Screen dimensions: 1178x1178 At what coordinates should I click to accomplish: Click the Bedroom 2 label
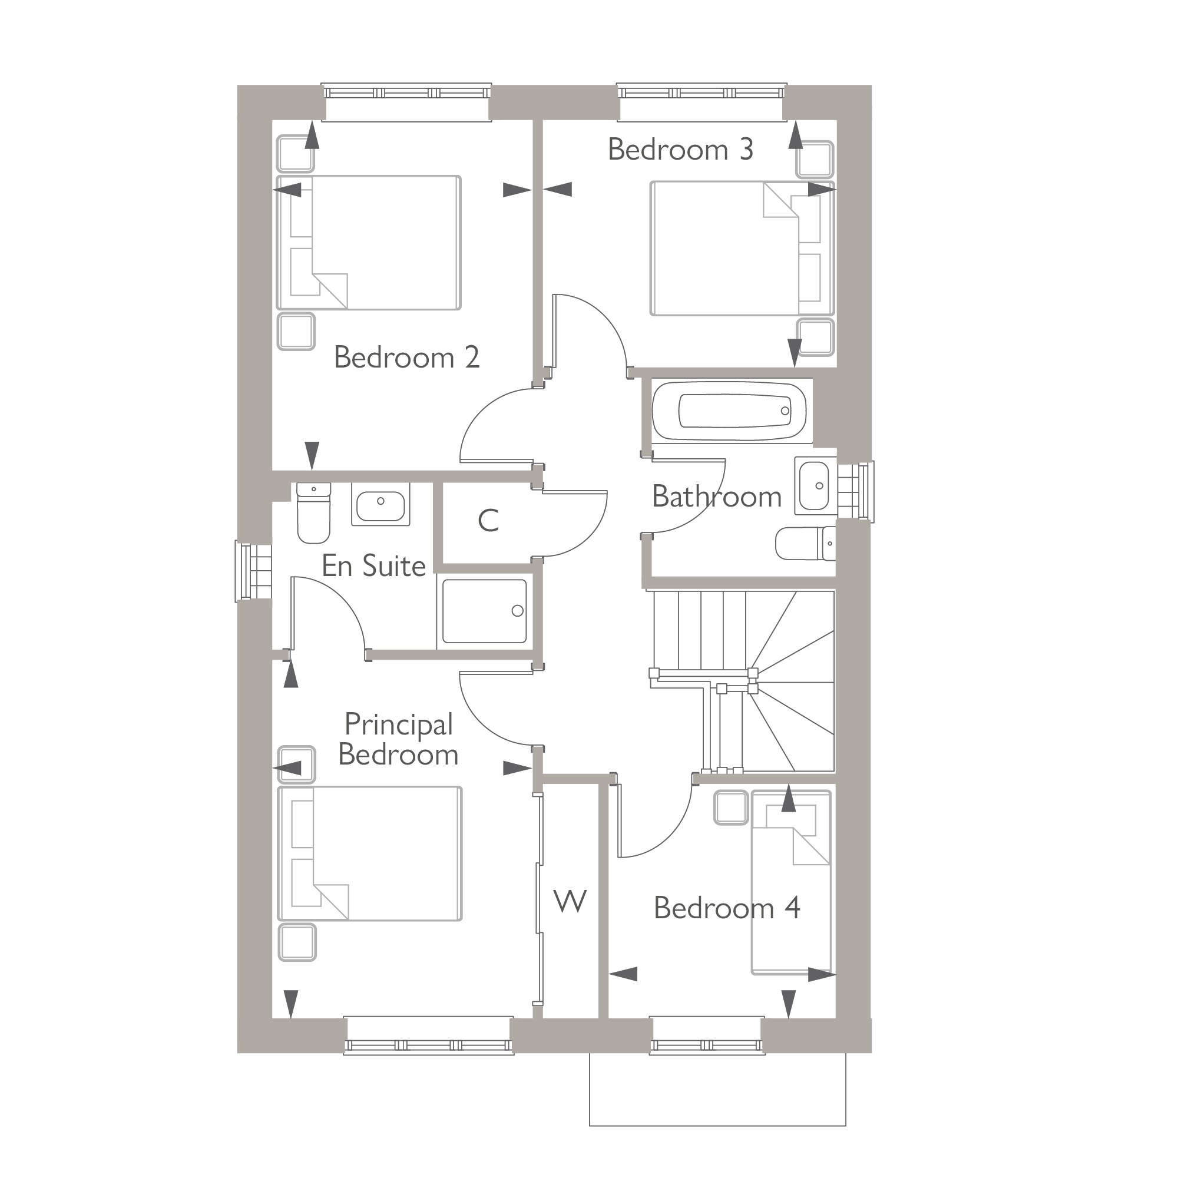click(406, 358)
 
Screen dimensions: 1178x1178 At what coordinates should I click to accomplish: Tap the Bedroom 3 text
click(680, 150)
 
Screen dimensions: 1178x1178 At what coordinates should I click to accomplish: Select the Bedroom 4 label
click(726, 908)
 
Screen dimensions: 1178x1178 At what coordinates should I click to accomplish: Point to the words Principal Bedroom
click(398, 740)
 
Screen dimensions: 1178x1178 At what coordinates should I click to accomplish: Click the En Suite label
click(373, 566)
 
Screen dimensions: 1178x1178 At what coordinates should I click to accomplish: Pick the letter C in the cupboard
click(488, 521)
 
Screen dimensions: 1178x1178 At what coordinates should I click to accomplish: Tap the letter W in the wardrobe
click(570, 901)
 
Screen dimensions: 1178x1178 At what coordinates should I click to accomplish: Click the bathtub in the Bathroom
click(730, 411)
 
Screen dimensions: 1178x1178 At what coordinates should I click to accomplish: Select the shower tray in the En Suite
click(484, 611)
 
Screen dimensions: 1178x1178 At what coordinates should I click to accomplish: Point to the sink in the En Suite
click(380, 505)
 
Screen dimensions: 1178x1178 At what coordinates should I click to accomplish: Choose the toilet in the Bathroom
click(805, 543)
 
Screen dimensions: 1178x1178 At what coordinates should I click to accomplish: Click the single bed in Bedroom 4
click(791, 891)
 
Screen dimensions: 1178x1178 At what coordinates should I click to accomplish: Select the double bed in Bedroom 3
click(741, 248)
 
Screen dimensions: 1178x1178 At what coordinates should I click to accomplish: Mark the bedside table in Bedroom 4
click(730, 808)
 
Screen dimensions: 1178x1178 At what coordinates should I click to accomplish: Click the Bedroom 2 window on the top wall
click(406, 93)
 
